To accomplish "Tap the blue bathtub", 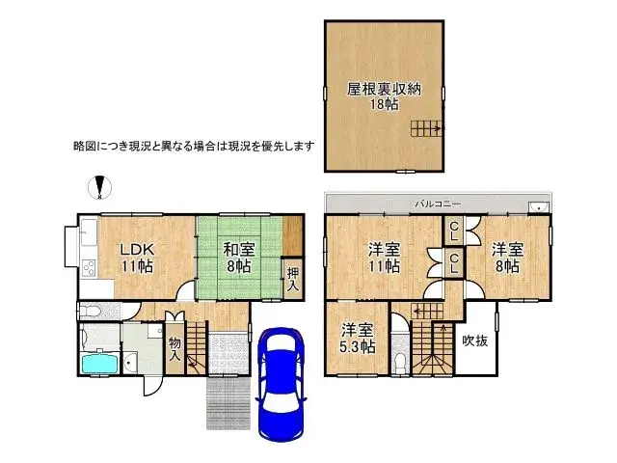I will pos(98,363).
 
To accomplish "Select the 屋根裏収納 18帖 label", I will pos(385,96).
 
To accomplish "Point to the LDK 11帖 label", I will pos(136,257).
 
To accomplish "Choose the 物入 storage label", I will pos(174,348).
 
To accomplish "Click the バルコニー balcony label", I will pos(439,204).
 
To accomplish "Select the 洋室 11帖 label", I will pos(383,258).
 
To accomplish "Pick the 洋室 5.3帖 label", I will pos(357,337).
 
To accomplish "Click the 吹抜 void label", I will pos(475,340).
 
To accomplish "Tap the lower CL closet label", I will pos(451,262).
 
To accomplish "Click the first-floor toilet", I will pos(89,312).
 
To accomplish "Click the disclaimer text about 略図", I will pos(194,147).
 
